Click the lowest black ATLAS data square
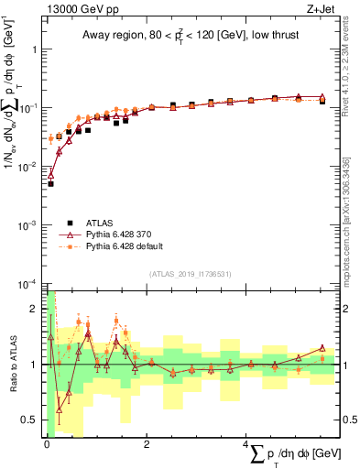click(x=51, y=184)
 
